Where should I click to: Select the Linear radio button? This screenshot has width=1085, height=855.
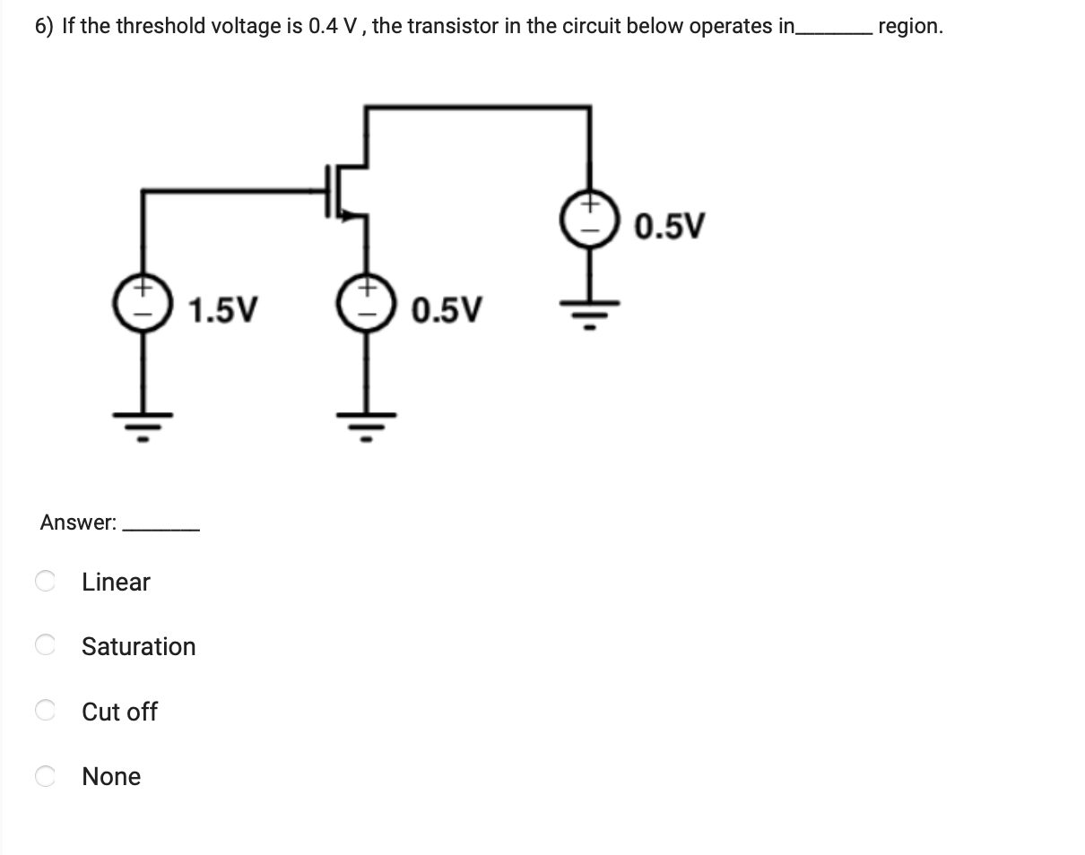tap(45, 582)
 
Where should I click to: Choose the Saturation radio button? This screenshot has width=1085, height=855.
tap(45, 646)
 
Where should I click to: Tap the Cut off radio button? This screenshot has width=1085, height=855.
tap(45, 712)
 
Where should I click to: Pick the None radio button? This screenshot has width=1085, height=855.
tap(45, 776)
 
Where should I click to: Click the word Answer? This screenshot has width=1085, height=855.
tap(77, 522)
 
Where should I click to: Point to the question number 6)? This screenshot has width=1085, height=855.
tap(45, 26)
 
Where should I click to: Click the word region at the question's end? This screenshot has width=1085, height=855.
tap(910, 26)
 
